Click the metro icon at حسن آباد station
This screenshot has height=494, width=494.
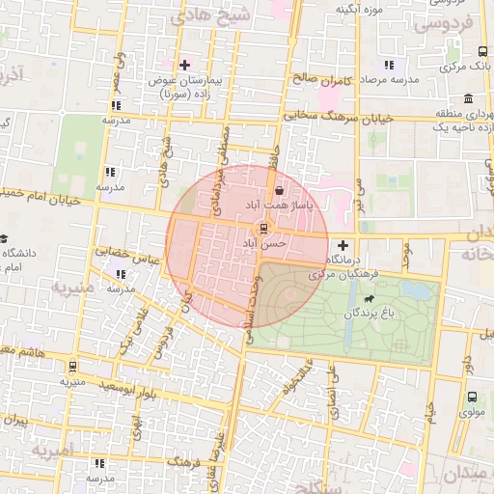click(261, 229)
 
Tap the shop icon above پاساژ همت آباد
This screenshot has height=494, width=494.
click(280, 190)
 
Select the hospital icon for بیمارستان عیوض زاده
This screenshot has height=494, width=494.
click(184, 65)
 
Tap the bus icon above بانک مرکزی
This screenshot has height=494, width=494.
click(482, 51)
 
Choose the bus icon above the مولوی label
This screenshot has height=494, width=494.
click(472, 397)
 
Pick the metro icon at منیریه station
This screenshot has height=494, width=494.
click(72, 366)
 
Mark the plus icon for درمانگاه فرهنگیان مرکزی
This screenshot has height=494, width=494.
click(342, 245)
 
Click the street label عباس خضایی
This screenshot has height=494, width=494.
click(125, 251)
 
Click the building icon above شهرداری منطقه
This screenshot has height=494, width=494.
click(468, 99)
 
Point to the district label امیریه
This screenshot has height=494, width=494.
click(52, 451)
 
